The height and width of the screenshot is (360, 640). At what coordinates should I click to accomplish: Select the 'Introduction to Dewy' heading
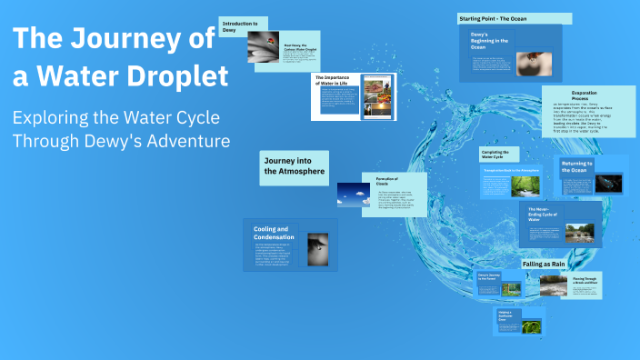(240, 25)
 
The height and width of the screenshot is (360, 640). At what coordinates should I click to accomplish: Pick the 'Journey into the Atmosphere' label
(293, 165)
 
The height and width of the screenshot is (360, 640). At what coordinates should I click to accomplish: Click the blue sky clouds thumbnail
(353, 194)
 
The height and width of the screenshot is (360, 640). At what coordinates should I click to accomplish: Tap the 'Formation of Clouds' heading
(388, 182)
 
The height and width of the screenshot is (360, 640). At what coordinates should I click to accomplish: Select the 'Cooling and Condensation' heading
(275, 234)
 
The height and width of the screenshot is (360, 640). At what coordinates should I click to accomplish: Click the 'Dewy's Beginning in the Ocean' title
(488, 42)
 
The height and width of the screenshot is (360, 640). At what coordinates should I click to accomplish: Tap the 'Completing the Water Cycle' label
(499, 155)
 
